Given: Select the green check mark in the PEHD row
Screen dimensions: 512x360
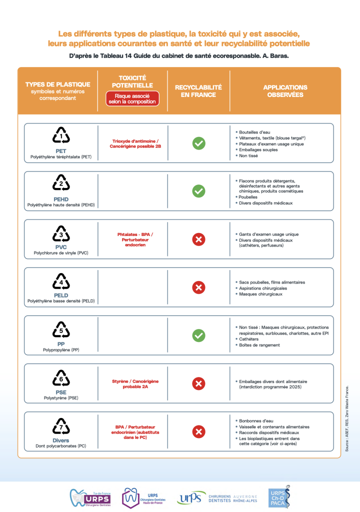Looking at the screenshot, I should point(199,190).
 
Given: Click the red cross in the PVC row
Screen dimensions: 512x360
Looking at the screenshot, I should point(199,239).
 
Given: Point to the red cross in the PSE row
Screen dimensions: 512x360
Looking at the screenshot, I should point(199,383).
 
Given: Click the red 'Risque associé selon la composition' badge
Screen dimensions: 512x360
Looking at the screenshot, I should point(132,98).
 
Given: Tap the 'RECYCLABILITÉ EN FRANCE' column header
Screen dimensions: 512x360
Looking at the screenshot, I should point(198,91).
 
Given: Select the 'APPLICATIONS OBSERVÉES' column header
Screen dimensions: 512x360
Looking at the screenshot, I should point(285,91).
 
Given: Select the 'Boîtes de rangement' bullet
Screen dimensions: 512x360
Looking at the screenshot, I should point(259,345).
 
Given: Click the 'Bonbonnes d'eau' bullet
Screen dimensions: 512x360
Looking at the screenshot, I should point(257,421).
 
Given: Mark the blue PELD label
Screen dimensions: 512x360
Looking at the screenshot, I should point(61,295).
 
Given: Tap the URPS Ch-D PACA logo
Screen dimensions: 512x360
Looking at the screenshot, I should point(279,496).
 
